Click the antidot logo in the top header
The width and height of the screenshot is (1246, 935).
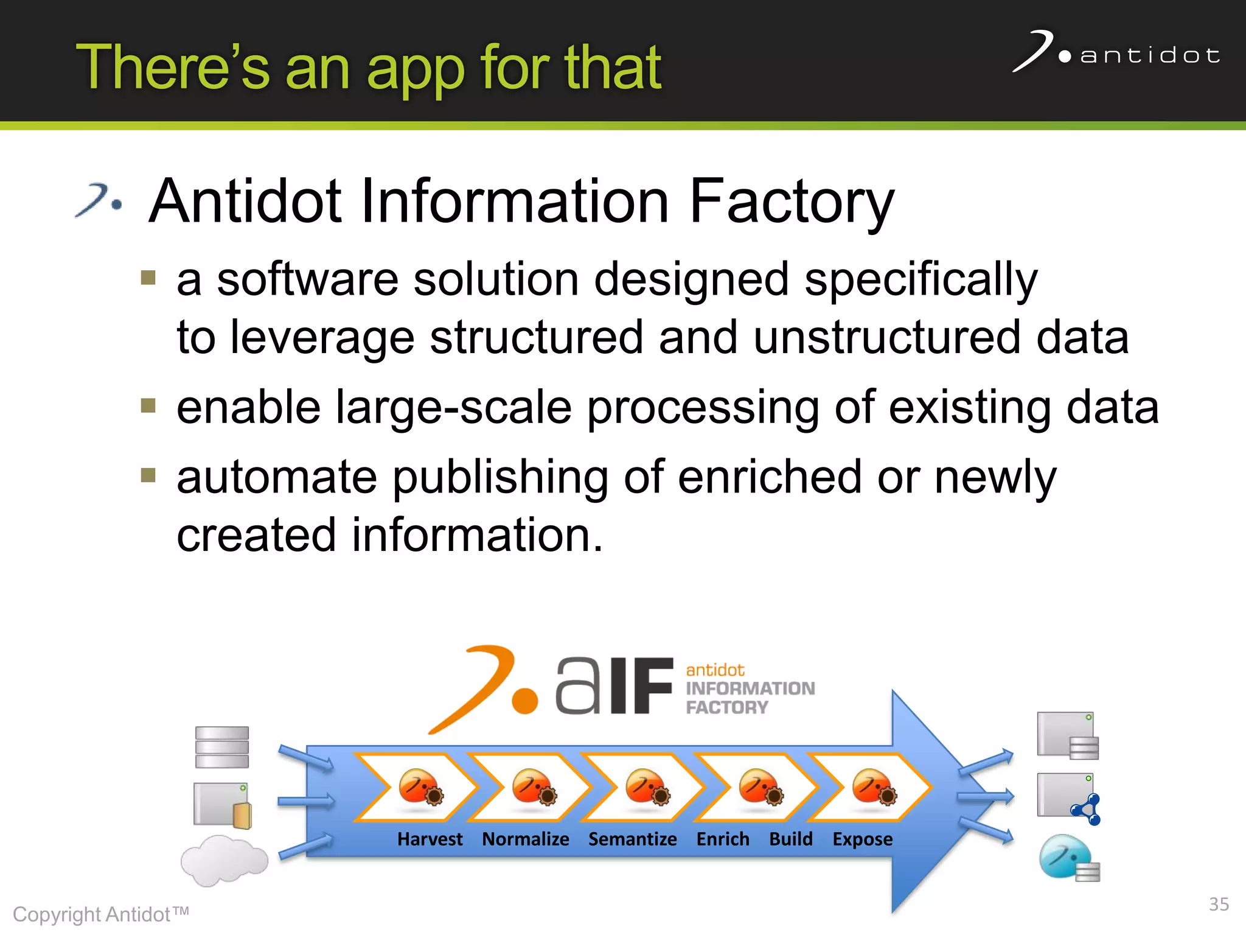(x=1116, y=54)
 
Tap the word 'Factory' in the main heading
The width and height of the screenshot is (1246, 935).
(x=792, y=201)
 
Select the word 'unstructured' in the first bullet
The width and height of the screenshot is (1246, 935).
(x=886, y=337)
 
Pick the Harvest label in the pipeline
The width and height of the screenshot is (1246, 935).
(x=430, y=839)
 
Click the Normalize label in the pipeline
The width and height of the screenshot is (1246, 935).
(x=526, y=839)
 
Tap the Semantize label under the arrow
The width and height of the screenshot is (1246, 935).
(x=632, y=839)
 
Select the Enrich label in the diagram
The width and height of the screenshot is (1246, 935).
(x=723, y=839)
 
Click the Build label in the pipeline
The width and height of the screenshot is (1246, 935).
(x=790, y=839)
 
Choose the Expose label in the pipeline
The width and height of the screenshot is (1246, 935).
(x=862, y=839)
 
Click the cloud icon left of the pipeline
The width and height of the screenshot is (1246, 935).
(x=224, y=860)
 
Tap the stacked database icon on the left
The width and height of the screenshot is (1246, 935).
(x=222, y=747)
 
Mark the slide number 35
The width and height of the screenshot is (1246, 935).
(x=1218, y=905)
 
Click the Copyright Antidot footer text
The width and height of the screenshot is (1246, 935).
(x=101, y=914)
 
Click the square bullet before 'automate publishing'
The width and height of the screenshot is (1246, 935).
(x=148, y=475)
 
